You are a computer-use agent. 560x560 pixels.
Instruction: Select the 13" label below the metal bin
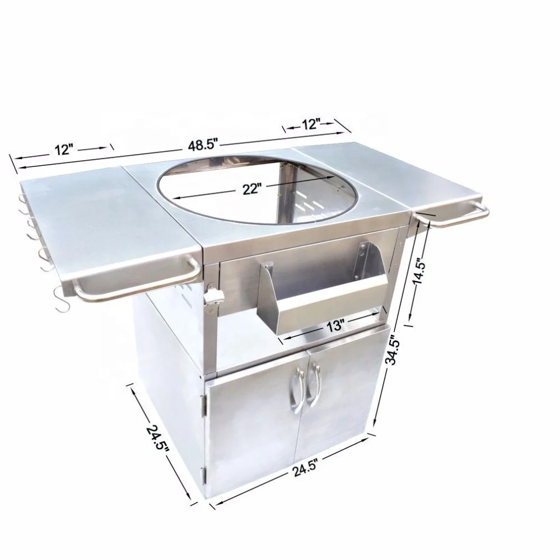click(x=335, y=326)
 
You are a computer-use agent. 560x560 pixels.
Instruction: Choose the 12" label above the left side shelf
click(x=64, y=150)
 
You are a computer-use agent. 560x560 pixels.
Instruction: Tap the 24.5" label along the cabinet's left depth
click(x=157, y=440)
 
